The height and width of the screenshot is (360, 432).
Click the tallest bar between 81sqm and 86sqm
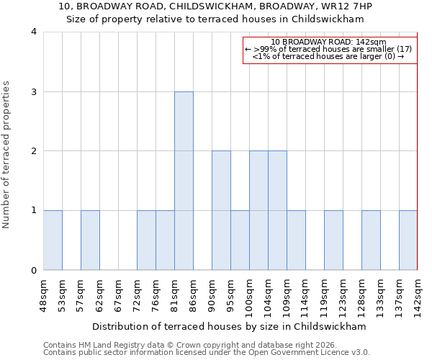(x=184, y=181)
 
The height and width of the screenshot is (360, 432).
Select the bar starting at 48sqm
(x=53, y=240)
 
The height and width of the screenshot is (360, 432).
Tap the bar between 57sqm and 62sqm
(x=90, y=240)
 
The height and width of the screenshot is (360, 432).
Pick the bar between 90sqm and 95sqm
(x=221, y=210)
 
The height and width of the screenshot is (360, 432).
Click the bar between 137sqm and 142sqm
(x=408, y=240)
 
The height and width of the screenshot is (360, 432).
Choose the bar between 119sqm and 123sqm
(x=333, y=240)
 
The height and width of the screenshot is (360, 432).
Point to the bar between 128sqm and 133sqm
(x=371, y=240)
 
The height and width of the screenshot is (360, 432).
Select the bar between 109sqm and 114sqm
(x=296, y=240)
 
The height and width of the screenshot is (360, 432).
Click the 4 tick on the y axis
(x=34, y=32)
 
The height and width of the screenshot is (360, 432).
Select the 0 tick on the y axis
(x=34, y=271)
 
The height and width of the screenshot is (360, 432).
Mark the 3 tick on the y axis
(x=34, y=91)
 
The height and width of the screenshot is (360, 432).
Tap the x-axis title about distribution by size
(x=229, y=326)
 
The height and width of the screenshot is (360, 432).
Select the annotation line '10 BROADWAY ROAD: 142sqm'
(x=329, y=42)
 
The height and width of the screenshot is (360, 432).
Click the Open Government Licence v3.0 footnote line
(x=207, y=352)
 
